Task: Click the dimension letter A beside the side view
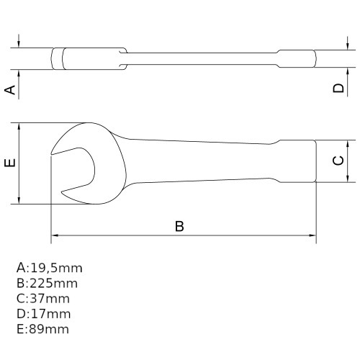coord(10,89)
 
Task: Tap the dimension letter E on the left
coord(9,163)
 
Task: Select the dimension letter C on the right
coord(338,161)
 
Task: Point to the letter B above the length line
coord(180,225)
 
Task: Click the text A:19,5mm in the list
coord(49,268)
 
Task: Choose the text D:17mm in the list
coord(43,313)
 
